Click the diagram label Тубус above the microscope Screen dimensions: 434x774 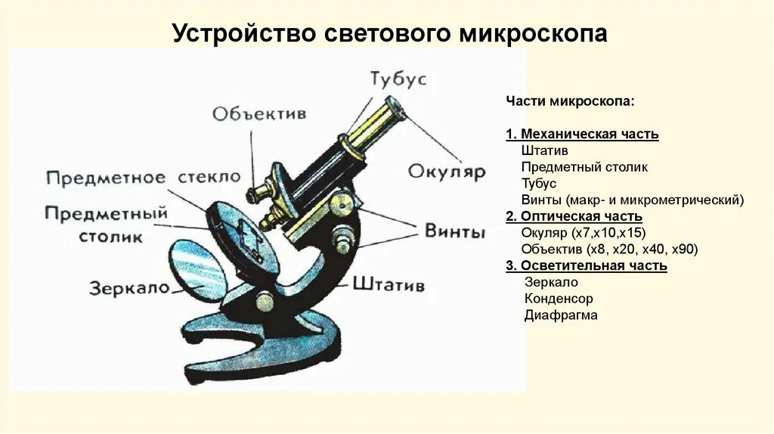398,79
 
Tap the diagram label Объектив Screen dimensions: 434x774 259,113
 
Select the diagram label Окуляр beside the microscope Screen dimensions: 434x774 446,172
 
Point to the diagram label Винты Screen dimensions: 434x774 454,232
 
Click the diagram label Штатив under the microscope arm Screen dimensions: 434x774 388,285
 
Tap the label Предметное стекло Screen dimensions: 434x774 144,178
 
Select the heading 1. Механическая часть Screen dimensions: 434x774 582,134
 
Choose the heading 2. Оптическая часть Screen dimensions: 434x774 574,216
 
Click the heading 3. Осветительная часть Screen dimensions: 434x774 587,265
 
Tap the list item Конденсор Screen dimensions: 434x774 559,299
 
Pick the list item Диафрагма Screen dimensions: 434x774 561,315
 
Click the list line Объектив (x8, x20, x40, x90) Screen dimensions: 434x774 609,249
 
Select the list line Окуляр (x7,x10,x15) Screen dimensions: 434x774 583,232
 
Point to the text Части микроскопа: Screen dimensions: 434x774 571,101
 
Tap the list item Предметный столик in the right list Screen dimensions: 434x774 584,167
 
